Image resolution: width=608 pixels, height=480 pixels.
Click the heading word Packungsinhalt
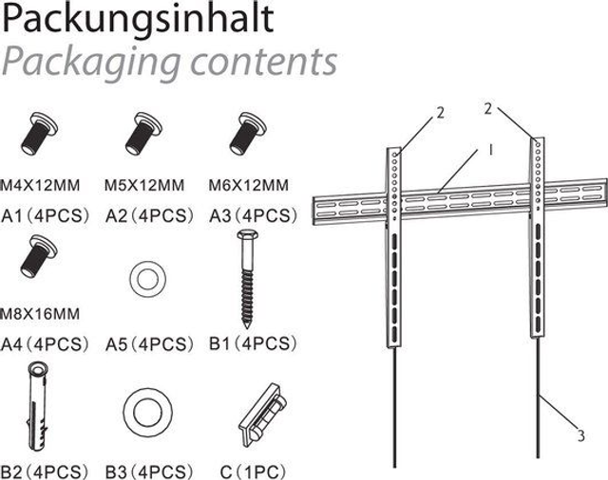point(138,20)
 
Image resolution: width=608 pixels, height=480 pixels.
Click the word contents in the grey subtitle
point(264,62)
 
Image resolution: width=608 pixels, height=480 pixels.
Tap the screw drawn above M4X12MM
point(39,134)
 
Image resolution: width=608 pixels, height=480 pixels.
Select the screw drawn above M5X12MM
point(143,134)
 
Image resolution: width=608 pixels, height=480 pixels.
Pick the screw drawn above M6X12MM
point(248,134)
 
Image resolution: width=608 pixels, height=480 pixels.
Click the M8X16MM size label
point(40,314)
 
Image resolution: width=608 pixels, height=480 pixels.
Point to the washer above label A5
point(148,280)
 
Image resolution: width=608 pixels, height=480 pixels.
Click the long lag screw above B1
point(248,279)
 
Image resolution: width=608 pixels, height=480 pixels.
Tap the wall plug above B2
point(37,406)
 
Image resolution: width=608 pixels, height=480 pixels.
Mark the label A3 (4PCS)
point(254,216)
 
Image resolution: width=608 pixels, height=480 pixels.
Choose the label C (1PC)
point(253,472)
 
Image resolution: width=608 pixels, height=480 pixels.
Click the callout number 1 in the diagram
point(490,150)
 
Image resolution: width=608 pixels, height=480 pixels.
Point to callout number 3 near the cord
point(580,436)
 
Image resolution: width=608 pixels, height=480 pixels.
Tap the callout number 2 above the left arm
point(440,113)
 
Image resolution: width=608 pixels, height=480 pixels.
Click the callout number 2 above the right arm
point(487,109)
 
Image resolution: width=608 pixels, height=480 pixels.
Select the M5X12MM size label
point(144,185)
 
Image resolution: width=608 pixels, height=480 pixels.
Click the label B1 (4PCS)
point(253,343)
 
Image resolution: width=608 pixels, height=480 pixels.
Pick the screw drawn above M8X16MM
point(39,256)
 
